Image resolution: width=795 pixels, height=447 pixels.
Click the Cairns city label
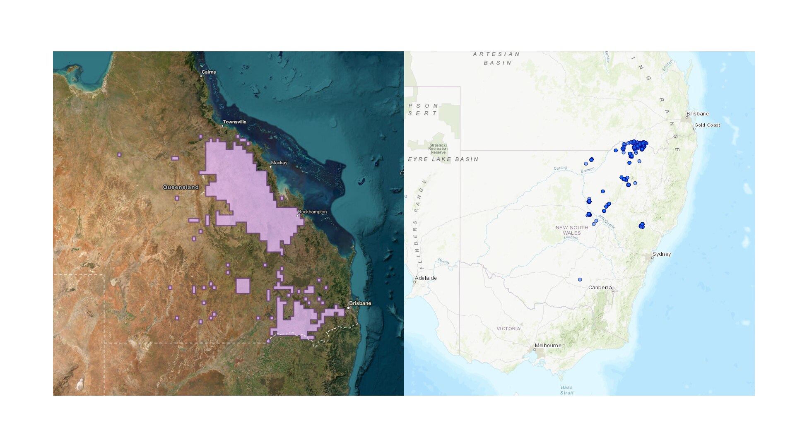tap(209, 72)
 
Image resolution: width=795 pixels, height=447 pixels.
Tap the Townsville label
tap(234, 122)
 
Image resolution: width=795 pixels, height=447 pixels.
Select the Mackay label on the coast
tap(279, 163)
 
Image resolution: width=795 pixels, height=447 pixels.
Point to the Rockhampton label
tap(312, 212)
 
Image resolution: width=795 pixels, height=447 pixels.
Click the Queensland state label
tap(181, 187)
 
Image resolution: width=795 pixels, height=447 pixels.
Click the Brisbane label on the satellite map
tap(360, 303)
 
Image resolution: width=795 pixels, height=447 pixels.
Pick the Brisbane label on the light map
tap(698, 114)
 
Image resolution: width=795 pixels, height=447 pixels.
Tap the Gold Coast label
tap(707, 125)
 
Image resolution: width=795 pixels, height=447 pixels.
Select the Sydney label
tap(662, 254)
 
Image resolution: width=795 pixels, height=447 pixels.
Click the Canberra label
tap(600, 288)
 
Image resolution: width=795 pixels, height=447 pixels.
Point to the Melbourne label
tap(548, 346)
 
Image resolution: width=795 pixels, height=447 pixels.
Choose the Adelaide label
tap(426, 278)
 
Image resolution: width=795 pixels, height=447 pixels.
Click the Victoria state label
tap(508, 329)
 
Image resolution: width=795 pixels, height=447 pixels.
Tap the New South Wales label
tap(572, 231)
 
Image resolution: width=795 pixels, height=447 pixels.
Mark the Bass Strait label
tap(567, 390)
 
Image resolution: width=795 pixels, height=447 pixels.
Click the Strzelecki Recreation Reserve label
tap(438, 149)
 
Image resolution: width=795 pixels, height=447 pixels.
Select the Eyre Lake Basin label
tap(443, 159)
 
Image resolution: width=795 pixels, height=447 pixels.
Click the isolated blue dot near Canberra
tap(580, 280)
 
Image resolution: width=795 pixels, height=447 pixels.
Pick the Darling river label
tap(560, 168)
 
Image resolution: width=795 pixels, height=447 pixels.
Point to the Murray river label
tap(443, 262)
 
